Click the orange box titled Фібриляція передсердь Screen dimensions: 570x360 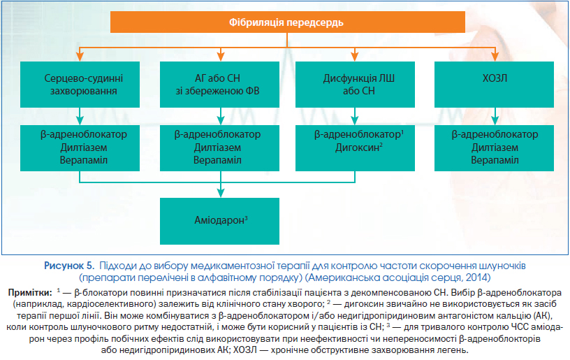click(288, 22)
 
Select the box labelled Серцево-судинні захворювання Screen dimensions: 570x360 click(80, 85)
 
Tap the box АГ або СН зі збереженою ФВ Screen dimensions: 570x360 click(219, 85)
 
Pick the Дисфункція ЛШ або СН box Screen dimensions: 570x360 click(355, 85)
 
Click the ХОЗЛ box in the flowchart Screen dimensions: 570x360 click(494, 85)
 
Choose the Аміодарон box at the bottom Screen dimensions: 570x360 click(219, 221)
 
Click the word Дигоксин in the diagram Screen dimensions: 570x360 click(357, 147)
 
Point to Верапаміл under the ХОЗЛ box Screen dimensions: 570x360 click(495, 160)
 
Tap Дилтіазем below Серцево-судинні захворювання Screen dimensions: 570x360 click(84, 147)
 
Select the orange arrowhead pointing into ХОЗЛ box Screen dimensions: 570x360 click(495, 57)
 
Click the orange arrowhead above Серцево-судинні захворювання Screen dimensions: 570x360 click(80, 57)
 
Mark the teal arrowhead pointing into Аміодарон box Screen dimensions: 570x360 click(221, 193)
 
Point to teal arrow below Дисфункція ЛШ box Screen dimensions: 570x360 click(355, 116)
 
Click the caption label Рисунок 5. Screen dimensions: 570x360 click(69, 266)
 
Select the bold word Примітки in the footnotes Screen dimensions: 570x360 click(30, 293)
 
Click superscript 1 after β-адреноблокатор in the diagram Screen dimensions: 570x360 click(402, 132)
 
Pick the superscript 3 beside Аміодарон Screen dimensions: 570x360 click(246, 218)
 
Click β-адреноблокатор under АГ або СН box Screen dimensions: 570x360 click(217, 134)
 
